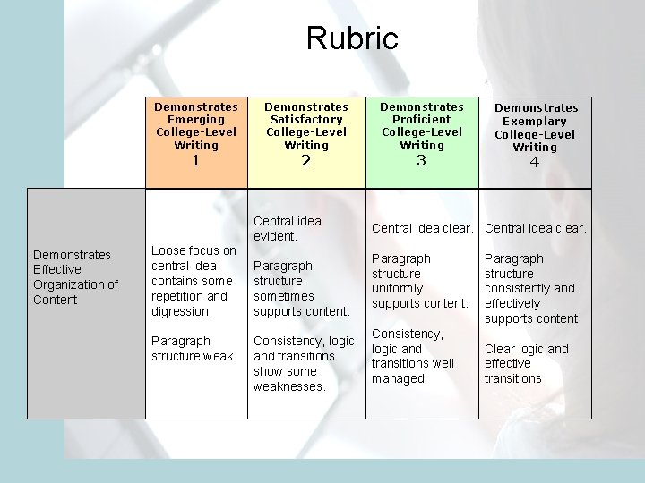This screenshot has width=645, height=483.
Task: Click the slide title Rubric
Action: pyautogui.click(x=351, y=38)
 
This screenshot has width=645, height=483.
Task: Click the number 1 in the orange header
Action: pyautogui.click(x=196, y=162)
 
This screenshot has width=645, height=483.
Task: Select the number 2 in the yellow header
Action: pyautogui.click(x=306, y=162)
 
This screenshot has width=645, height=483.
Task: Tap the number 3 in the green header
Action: pyautogui.click(x=422, y=162)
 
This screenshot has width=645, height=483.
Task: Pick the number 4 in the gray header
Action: pyautogui.click(x=535, y=164)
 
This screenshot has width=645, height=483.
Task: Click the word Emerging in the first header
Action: pyautogui.click(x=196, y=120)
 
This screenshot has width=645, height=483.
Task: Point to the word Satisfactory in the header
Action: pyautogui.click(x=306, y=120)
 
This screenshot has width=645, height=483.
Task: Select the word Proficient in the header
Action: pyautogui.click(x=422, y=120)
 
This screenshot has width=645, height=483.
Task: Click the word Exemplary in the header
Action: pyautogui.click(x=535, y=121)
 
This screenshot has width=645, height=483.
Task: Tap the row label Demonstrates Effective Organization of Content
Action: pyautogui.click(x=75, y=277)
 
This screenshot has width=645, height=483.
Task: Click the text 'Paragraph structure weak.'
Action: pyautogui.click(x=193, y=349)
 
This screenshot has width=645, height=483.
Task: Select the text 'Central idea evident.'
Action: pyautogui.click(x=288, y=228)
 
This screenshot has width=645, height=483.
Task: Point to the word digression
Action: pyautogui.click(x=182, y=311)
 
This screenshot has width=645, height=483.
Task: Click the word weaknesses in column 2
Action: pyautogui.click(x=288, y=386)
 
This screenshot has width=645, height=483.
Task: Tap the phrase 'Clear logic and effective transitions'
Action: pyautogui.click(x=526, y=363)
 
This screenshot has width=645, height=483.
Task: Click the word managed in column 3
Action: pyautogui.click(x=398, y=379)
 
